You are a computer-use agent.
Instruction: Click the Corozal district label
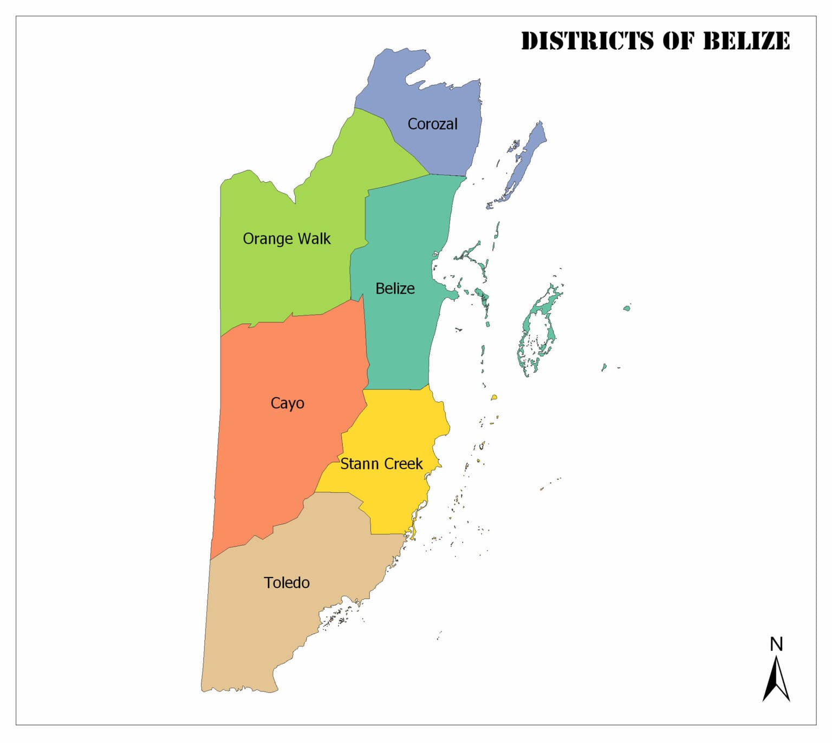point(432,124)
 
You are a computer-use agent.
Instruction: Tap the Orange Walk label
point(286,239)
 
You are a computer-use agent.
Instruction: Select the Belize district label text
point(395,289)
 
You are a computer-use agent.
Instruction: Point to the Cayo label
point(287,403)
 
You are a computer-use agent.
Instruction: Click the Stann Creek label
point(381,464)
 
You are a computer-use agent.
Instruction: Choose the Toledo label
point(287,582)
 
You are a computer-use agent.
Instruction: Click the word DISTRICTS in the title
point(587,41)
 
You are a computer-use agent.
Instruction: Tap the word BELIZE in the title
point(746,41)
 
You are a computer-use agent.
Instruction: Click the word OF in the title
point(678,41)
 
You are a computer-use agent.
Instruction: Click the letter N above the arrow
point(776,644)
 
